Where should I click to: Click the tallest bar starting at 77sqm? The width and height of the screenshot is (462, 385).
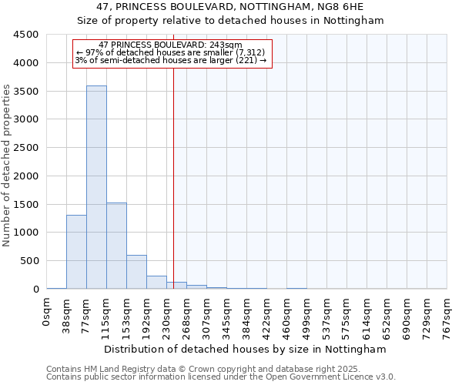[x=96, y=187]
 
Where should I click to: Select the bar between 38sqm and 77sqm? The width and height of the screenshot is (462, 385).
[x=76, y=252]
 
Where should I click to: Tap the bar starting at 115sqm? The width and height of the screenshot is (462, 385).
[x=116, y=246]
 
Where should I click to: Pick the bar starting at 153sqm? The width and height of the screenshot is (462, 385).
[x=136, y=272]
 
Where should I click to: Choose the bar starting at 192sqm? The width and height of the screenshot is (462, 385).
[x=156, y=282]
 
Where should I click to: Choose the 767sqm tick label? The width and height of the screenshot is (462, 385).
[x=447, y=315]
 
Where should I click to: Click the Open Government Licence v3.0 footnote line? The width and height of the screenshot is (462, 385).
[x=221, y=377]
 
